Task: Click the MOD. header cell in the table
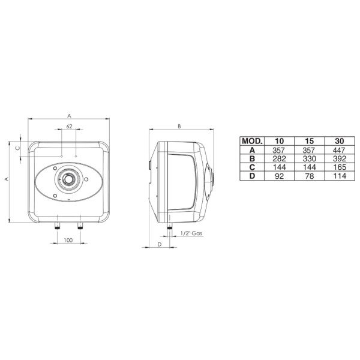252,141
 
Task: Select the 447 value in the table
340,150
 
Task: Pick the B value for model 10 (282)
280,158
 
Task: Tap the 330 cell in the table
309,158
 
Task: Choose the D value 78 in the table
309,176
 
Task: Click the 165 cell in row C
340,167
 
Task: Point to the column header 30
340,141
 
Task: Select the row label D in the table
252,176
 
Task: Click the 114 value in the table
340,176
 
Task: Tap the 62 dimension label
69,126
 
